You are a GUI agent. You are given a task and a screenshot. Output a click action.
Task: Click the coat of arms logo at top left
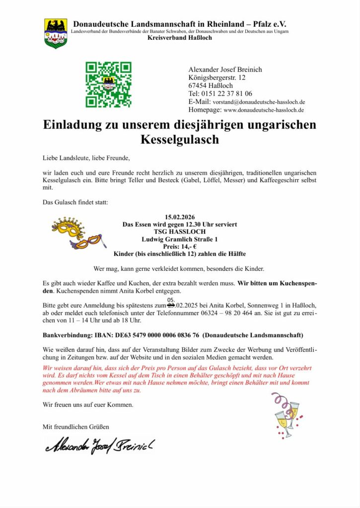(x=56, y=33)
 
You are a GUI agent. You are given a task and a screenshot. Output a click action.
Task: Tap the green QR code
(x=108, y=84)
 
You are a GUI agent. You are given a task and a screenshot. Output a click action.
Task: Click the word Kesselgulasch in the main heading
(x=179, y=139)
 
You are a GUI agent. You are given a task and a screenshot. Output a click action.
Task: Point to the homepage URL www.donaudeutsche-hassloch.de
(x=264, y=110)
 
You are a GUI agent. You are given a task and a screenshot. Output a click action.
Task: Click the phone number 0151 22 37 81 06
(x=227, y=93)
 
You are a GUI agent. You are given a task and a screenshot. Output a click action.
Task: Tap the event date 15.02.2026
(x=179, y=217)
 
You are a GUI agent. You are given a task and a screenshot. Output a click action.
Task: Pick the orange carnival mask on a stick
(x=88, y=243)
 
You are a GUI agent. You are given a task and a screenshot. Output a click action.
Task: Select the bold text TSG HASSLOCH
(x=179, y=232)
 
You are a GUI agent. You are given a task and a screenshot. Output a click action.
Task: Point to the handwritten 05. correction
(x=171, y=300)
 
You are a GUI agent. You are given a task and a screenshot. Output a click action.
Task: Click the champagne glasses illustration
(x=287, y=416)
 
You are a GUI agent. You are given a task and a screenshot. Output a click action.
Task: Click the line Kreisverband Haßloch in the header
(x=179, y=38)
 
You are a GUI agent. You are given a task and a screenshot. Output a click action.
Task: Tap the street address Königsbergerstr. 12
(x=216, y=77)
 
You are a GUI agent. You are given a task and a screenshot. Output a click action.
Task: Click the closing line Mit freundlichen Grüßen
(x=76, y=426)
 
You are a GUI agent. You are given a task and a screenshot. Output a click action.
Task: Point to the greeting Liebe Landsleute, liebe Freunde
(x=86, y=158)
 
